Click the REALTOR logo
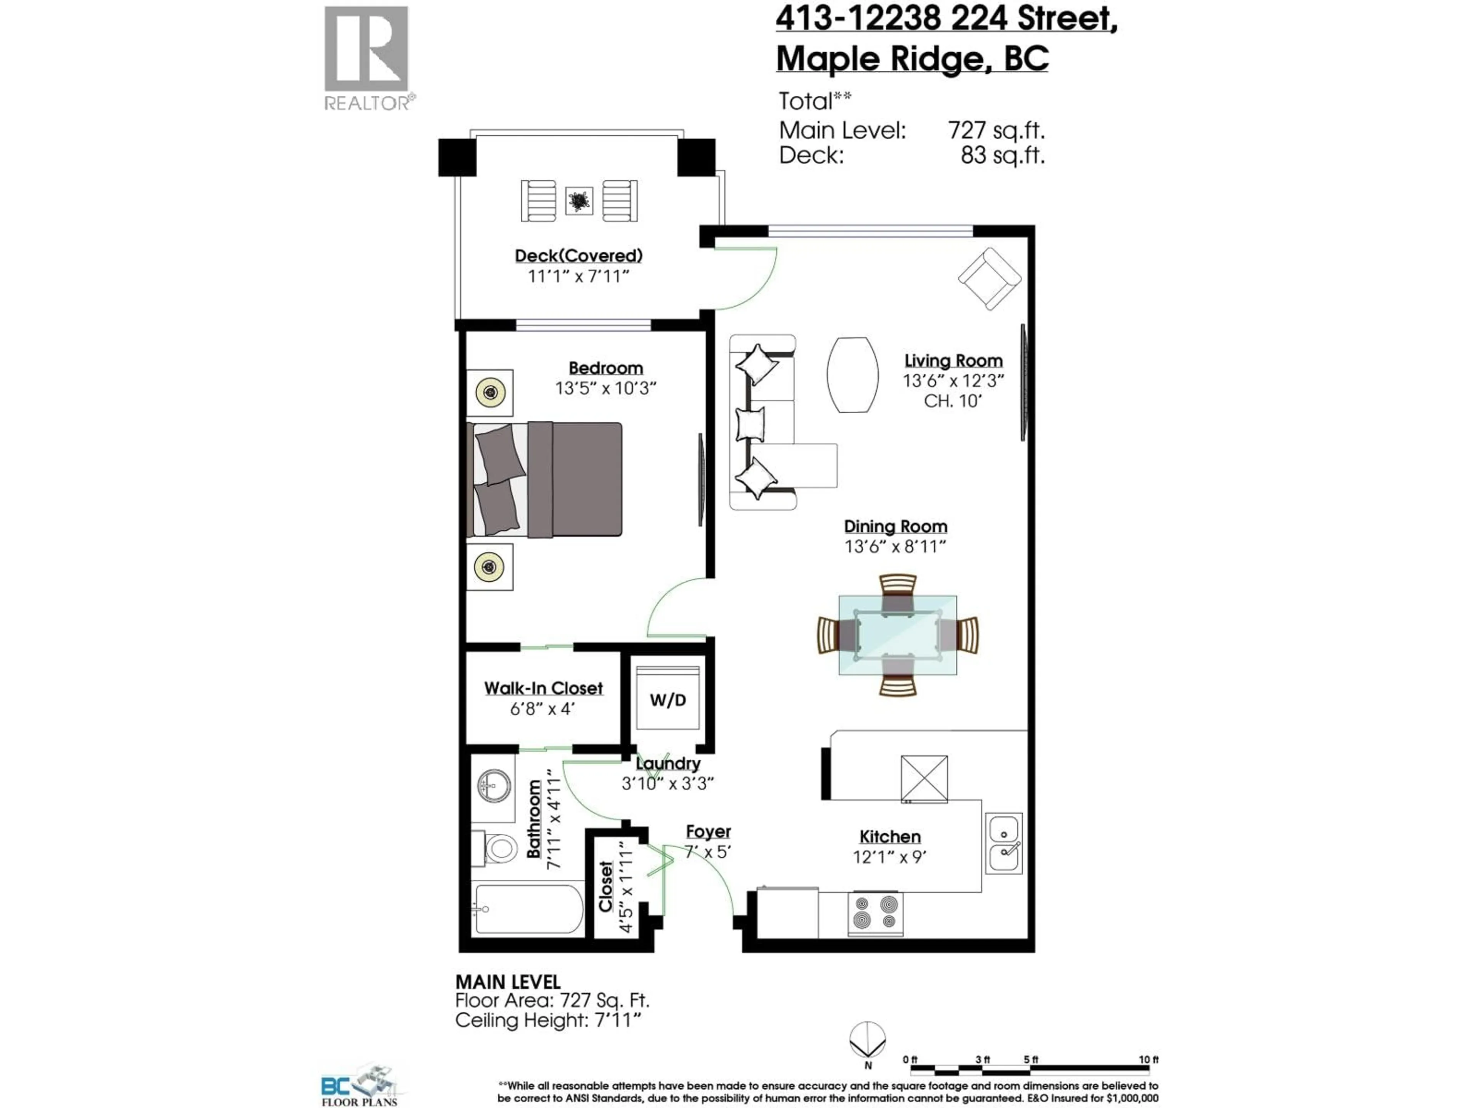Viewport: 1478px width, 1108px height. (x=367, y=57)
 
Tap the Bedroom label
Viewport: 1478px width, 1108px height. (x=605, y=368)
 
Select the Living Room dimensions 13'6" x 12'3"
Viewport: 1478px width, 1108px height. (x=953, y=381)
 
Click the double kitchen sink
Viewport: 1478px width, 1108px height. (x=1003, y=843)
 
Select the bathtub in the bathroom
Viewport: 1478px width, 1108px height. (x=528, y=909)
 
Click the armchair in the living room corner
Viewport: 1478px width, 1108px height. (x=989, y=279)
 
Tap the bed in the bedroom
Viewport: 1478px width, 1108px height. (x=545, y=479)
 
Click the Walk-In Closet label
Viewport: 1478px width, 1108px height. (x=543, y=688)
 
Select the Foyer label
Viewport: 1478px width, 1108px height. (x=708, y=831)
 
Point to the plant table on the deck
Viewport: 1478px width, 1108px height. (x=578, y=200)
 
